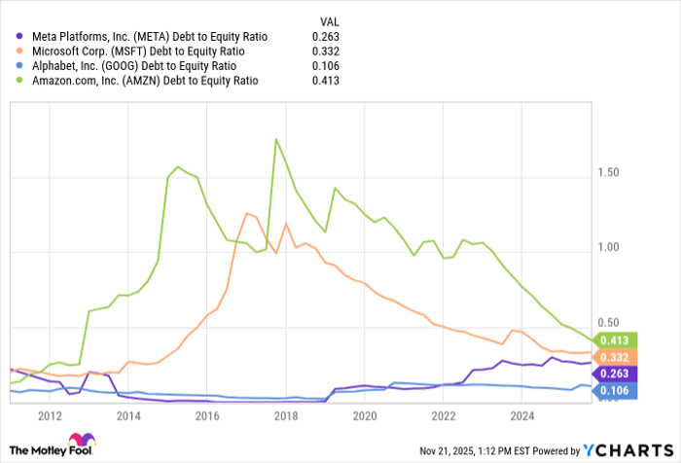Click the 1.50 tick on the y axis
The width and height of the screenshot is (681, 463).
tap(610, 173)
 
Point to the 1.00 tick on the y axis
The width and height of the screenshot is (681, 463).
tap(610, 247)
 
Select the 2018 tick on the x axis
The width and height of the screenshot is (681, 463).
tap(285, 415)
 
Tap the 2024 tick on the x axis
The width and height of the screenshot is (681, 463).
tap(521, 415)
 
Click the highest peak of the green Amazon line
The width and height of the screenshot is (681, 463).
tap(277, 139)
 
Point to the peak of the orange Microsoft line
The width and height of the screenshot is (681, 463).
tap(246, 213)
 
